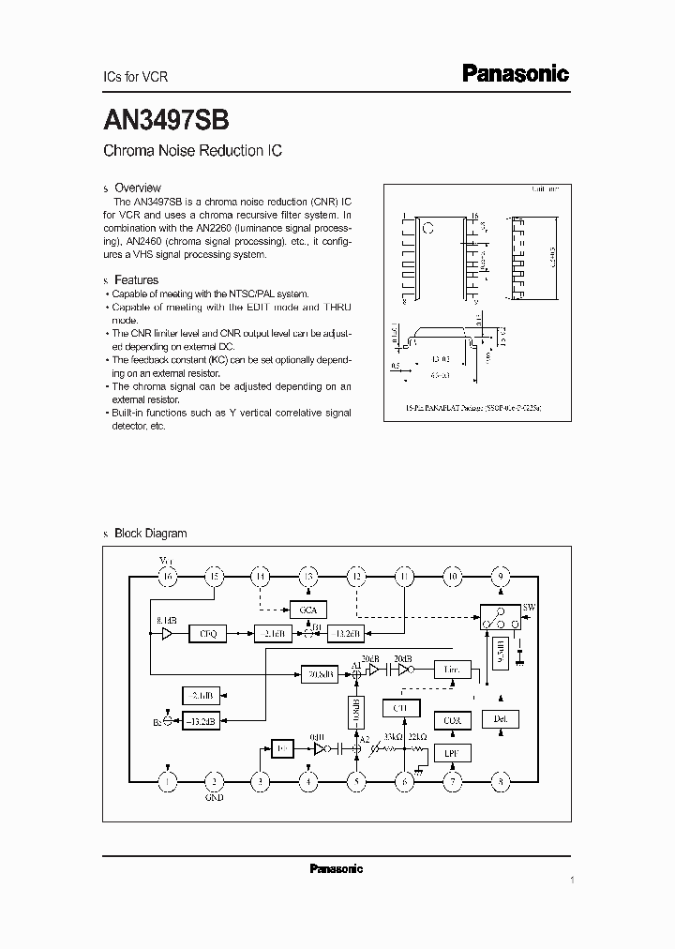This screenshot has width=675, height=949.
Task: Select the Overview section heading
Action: coord(137,188)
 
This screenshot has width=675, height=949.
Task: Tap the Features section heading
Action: coord(136,279)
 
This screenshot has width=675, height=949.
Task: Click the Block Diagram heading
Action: coord(150,533)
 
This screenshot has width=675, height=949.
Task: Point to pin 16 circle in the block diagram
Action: coord(168,577)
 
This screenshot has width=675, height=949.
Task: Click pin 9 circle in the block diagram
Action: coord(501,577)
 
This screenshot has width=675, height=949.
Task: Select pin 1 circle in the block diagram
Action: coord(168,780)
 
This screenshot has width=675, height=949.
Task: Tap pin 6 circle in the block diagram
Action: coord(405,780)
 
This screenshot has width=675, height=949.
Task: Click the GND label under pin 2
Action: coord(215,798)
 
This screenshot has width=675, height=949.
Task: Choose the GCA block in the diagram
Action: coord(308,610)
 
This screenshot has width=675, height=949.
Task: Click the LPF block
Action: coord(452,753)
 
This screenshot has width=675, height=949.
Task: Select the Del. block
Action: coord(500,719)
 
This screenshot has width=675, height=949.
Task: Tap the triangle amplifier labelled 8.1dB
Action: coord(166,634)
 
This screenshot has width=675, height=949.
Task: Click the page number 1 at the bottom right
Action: coord(571,880)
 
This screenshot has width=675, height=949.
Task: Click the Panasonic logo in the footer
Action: coord(336,868)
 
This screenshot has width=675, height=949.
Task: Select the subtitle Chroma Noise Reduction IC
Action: coord(192,151)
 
